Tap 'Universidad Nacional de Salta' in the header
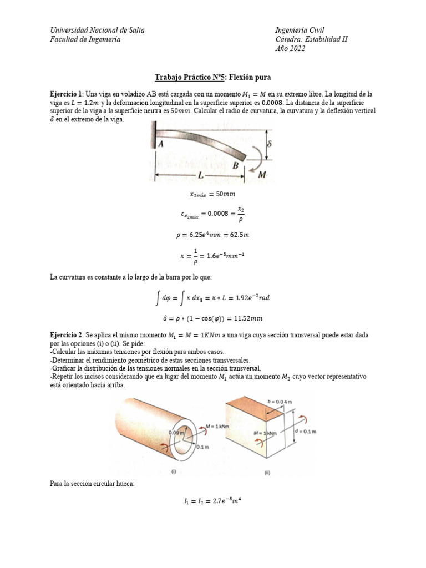[98, 30]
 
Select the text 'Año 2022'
[290, 49]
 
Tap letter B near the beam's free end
[236, 165]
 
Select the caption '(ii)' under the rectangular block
[267, 473]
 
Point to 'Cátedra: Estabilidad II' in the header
[312, 39]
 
